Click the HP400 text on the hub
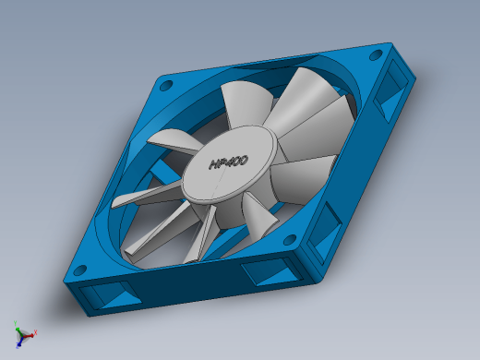(229, 162)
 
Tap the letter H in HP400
(213, 165)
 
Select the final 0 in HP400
(244, 161)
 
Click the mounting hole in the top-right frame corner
(376, 55)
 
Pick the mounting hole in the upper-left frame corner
(166, 86)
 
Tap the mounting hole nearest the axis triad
(80, 270)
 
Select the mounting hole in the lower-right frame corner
(290, 240)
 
